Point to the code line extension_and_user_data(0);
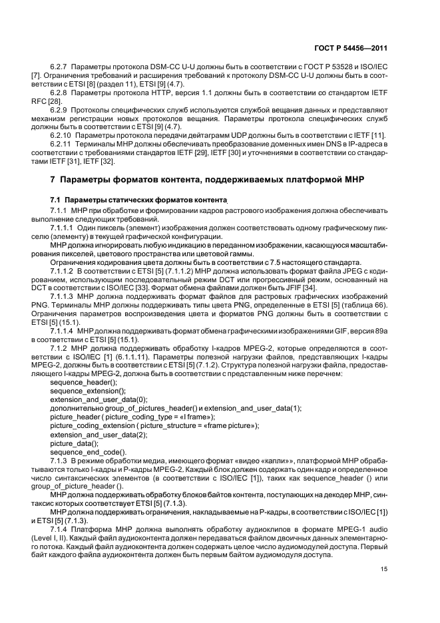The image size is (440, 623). click(98, 401)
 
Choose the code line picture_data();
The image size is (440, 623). click(74, 443)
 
